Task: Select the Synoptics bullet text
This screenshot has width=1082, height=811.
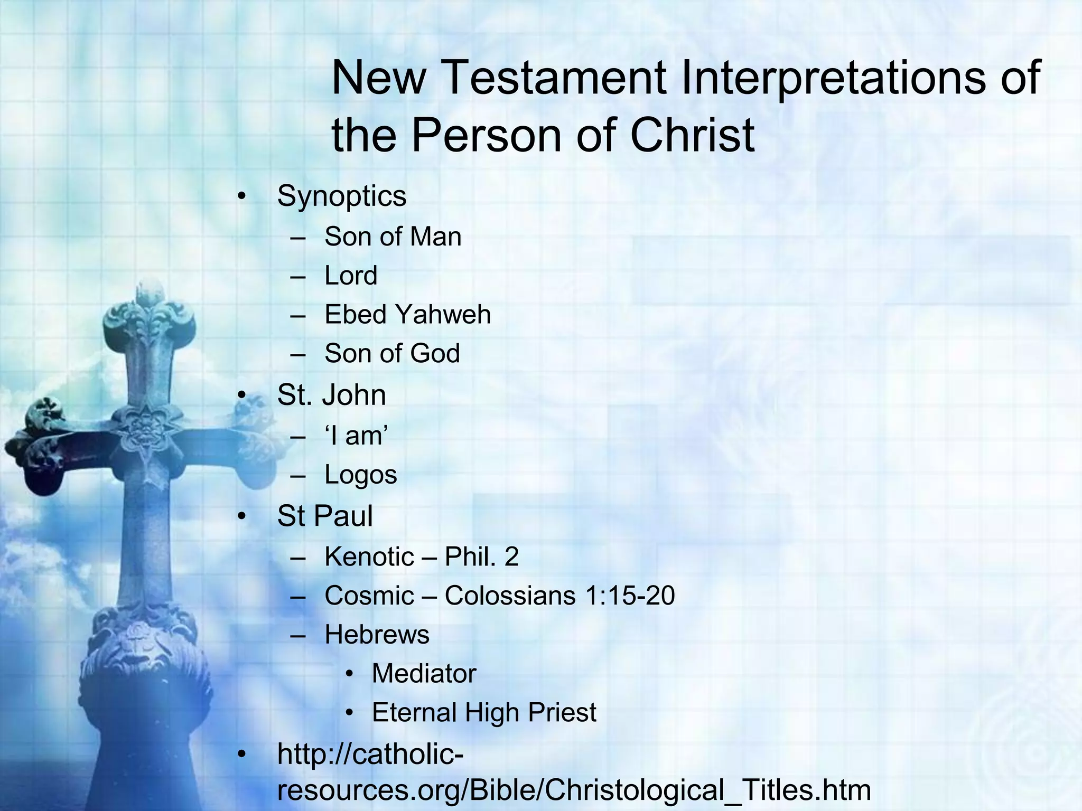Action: tap(341, 196)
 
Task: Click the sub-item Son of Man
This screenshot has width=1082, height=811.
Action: tap(393, 237)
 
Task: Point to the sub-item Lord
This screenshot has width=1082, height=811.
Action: tap(351, 276)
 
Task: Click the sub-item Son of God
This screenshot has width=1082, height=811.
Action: tap(392, 353)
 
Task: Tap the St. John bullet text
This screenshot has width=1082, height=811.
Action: tap(331, 395)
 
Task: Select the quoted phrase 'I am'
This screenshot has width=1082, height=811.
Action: tap(357, 436)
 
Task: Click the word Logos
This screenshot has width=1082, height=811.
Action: tap(360, 475)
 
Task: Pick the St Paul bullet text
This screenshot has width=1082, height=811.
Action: tap(324, 516)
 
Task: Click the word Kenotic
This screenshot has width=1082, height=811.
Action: tap(369, 557)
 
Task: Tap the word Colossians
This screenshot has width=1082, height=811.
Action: tap(510, 596)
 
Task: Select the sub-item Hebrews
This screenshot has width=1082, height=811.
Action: tap(377, 635)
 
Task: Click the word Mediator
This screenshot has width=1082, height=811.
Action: tap(424, 674)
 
